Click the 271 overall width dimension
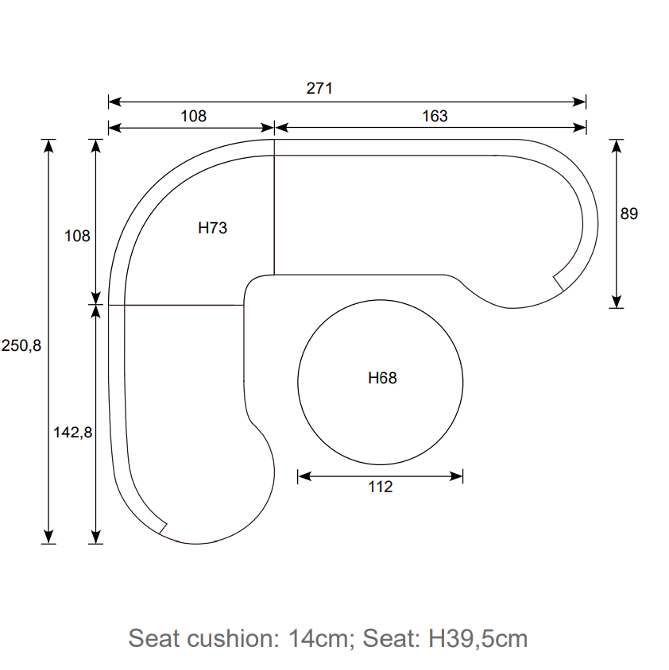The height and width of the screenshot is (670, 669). (319, 88)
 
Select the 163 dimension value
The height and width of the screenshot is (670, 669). (435, 116)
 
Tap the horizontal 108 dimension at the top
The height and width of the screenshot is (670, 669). (193, 116)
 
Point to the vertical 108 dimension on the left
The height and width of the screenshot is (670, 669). (77, 236)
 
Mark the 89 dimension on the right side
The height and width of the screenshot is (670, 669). (628, 214)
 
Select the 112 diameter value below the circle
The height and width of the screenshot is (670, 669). (381, 487)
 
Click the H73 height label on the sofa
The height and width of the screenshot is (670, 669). (212, 228)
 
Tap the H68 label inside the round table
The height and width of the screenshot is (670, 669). (382, 378)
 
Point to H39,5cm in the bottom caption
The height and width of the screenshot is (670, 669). (478, 637)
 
